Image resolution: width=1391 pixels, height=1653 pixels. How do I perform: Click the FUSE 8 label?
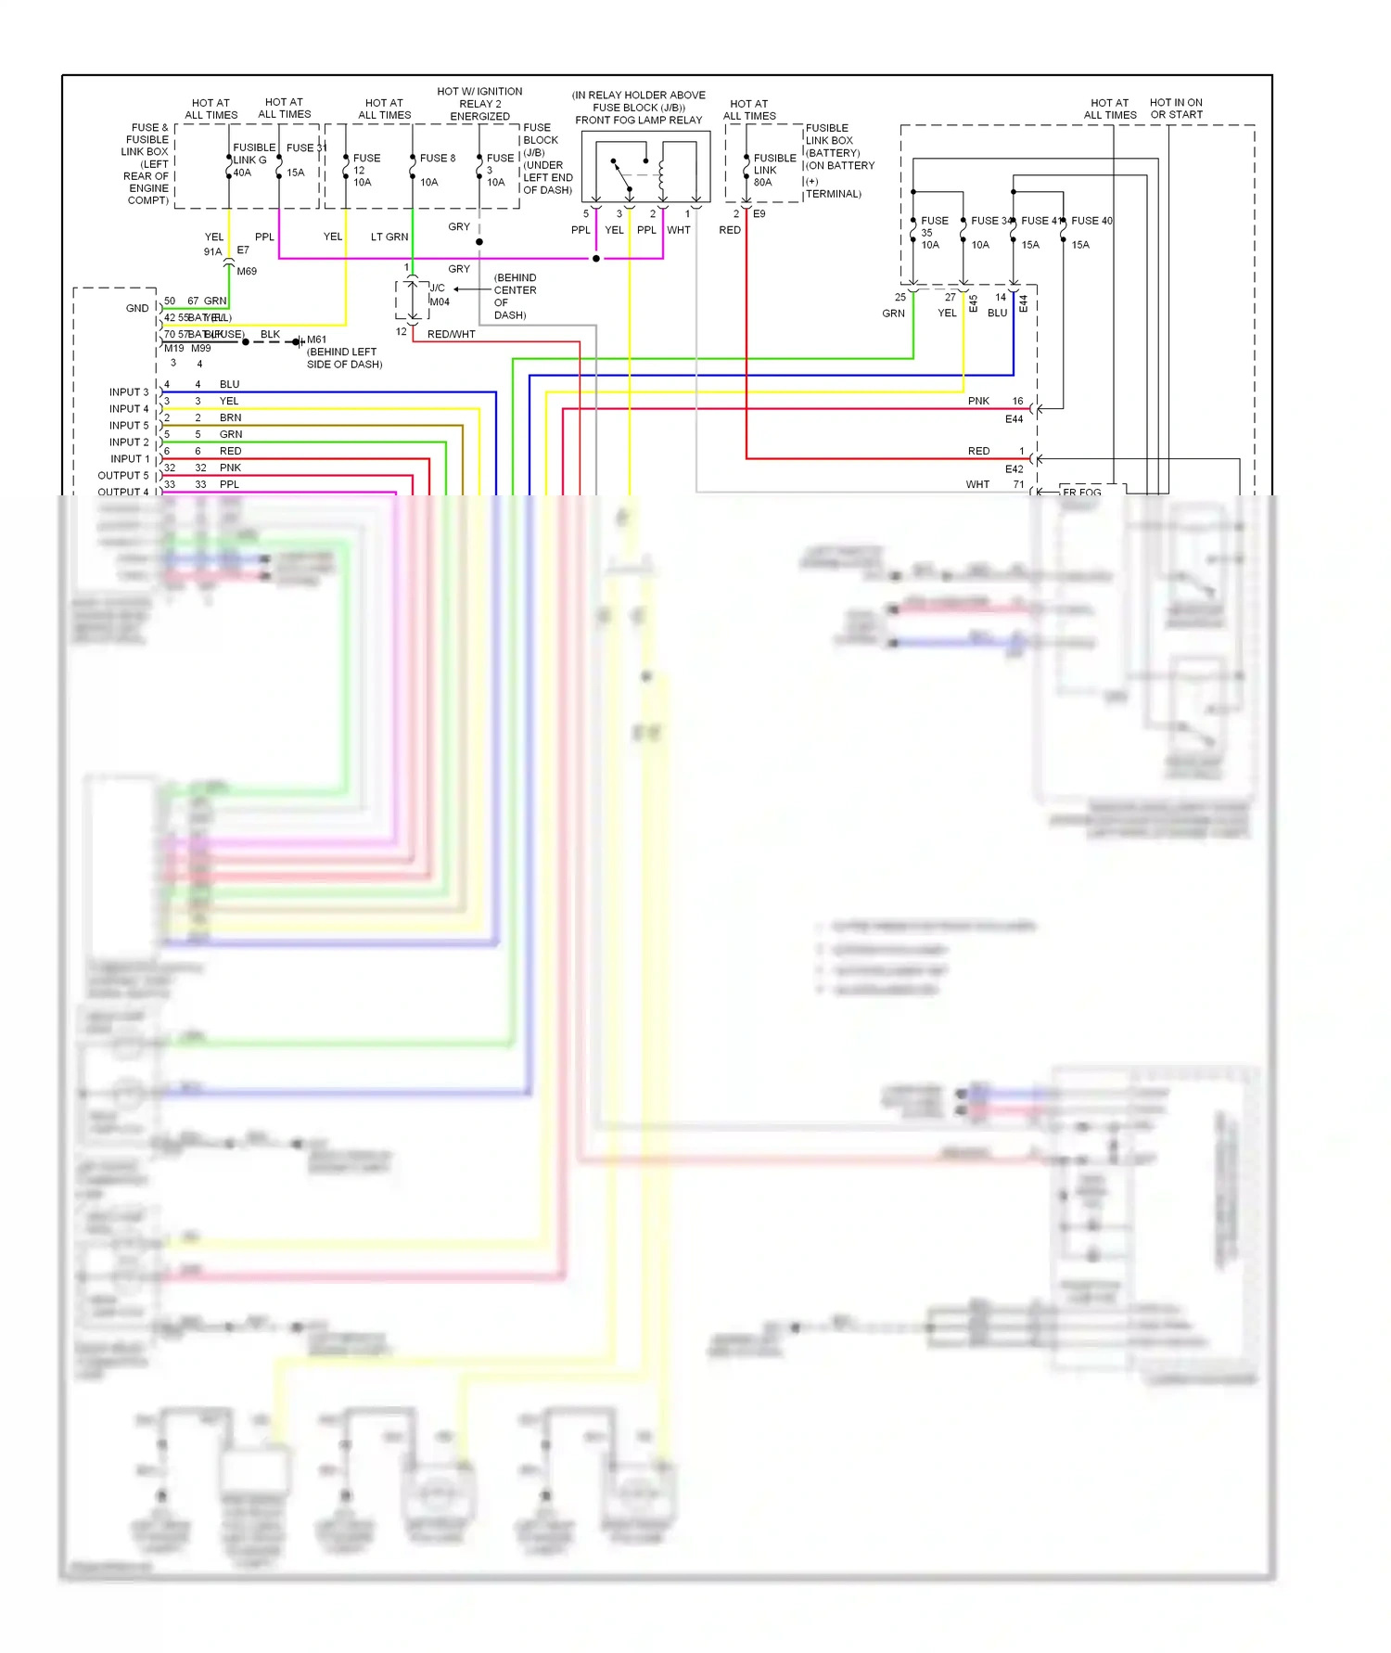(x=437, y=159)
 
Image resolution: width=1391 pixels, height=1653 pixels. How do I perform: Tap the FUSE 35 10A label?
(x=933, y=232)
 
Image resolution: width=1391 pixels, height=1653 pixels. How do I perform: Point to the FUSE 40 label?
(x=1091, y=221)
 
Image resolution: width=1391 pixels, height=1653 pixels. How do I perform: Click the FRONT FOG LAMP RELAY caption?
(x=638, y=120)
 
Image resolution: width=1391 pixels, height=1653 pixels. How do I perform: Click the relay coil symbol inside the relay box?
(x=662, y=171)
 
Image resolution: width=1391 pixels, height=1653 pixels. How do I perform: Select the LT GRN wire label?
(x=389, y=237)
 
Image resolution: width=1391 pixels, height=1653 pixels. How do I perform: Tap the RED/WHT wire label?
(x=451, y=335)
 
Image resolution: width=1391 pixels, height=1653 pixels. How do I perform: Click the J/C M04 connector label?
(x=439, y=295)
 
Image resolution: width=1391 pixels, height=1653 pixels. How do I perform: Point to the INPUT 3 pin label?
(x=128, y=392)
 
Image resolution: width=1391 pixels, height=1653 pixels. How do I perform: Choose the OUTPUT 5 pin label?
(x=122, y=476)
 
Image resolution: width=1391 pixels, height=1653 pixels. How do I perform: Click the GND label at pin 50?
(x=137, y=309)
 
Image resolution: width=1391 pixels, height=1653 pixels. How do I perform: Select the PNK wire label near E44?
(x=977, y=402)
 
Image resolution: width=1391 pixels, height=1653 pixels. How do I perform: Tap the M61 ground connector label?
(x=316, y=340)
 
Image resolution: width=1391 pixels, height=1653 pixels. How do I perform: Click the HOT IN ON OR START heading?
(x=1176, y=109)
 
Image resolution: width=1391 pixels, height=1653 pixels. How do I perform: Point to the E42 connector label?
(x=1014, y=469)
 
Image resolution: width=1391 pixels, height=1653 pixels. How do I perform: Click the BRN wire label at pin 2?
(x=230, y=418)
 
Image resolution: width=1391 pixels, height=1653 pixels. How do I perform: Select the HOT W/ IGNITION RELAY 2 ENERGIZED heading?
(x=479, y=104)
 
